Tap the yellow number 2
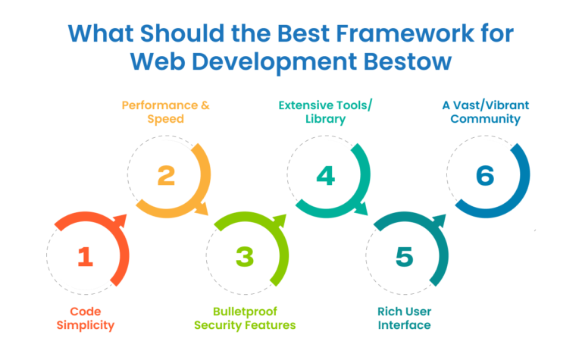[166, 176]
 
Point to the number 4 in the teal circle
[325, 176]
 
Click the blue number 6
[485, 176]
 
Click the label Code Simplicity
[86, 318]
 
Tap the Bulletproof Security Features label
[244, 318]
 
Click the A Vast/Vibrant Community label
[482, 111]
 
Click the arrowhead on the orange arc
[120, 221]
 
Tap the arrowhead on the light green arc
[280, 221]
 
